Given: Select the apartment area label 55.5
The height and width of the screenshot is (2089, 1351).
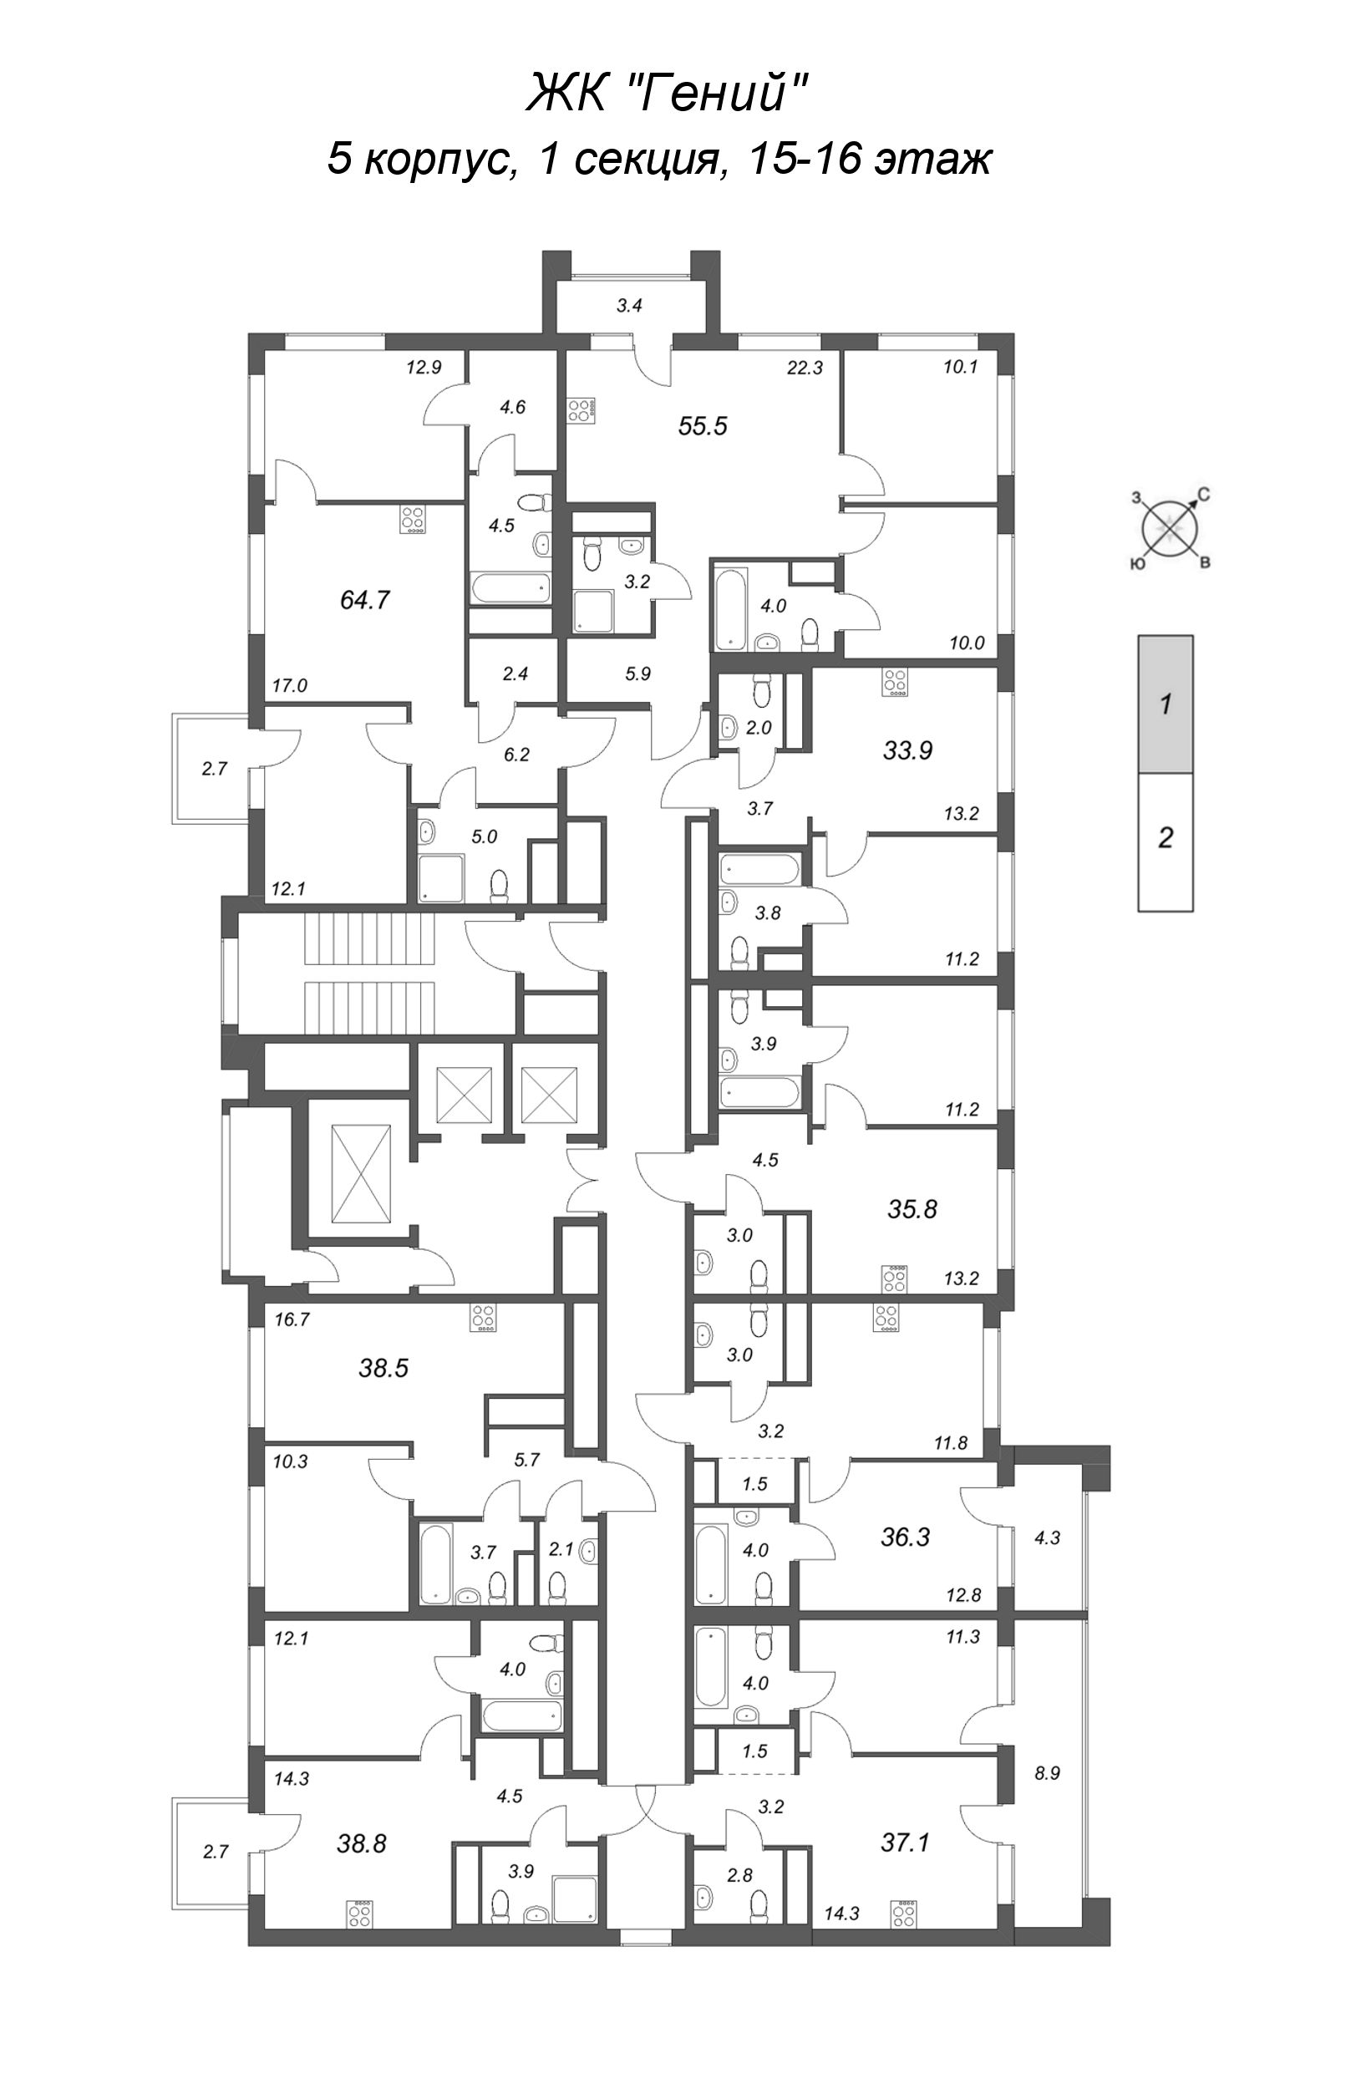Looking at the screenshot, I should [x=703, y=426].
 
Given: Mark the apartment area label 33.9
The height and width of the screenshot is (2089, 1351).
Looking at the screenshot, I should [x=908, y=750].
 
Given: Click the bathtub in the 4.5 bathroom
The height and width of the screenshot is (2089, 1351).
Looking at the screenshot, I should [x=509, y=589].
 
